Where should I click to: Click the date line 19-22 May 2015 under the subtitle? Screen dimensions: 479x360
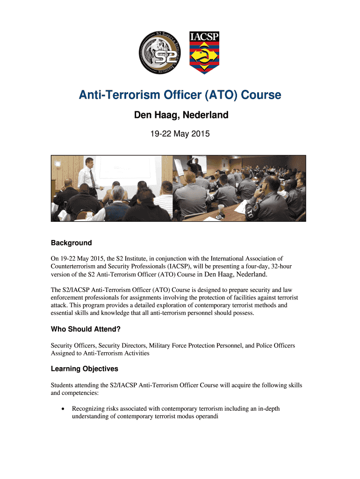(180, 134)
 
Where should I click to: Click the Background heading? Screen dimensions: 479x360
(71, 243)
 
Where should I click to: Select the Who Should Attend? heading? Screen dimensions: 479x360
(86, 329)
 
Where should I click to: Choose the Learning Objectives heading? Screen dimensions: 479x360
(84, 369)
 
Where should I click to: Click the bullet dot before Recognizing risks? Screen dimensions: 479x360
(62, 409)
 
